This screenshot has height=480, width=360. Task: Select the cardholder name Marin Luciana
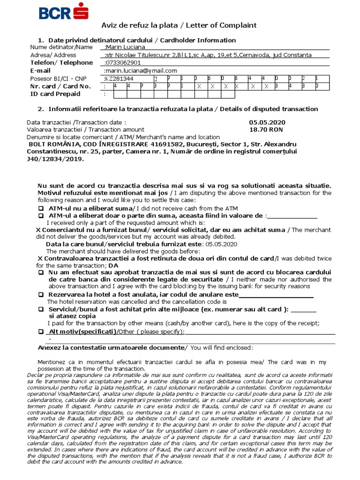[x=125, y=47]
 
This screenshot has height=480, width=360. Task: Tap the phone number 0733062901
[x=123, y=63]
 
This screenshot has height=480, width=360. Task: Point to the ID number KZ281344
[x=120, y=79]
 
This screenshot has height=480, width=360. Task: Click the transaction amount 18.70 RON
[x=266, y=130]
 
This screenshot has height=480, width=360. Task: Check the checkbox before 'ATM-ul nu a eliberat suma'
[x=41, y=209]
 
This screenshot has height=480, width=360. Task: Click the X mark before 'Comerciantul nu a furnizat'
[x=38, y=230]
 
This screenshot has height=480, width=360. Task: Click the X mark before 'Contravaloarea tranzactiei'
[x=40, y=259]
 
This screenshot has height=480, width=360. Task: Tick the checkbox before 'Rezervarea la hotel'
[x=41, y=295]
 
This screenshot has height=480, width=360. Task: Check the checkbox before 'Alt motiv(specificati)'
[x=41, y=332]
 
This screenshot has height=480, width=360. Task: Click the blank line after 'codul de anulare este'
[x=276, y=295]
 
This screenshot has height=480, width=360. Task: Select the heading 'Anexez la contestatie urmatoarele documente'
[x=110, y=348]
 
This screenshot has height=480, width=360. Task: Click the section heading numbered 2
[x=178, y=109]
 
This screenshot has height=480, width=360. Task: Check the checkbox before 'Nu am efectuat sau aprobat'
[x=41, y=273]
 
